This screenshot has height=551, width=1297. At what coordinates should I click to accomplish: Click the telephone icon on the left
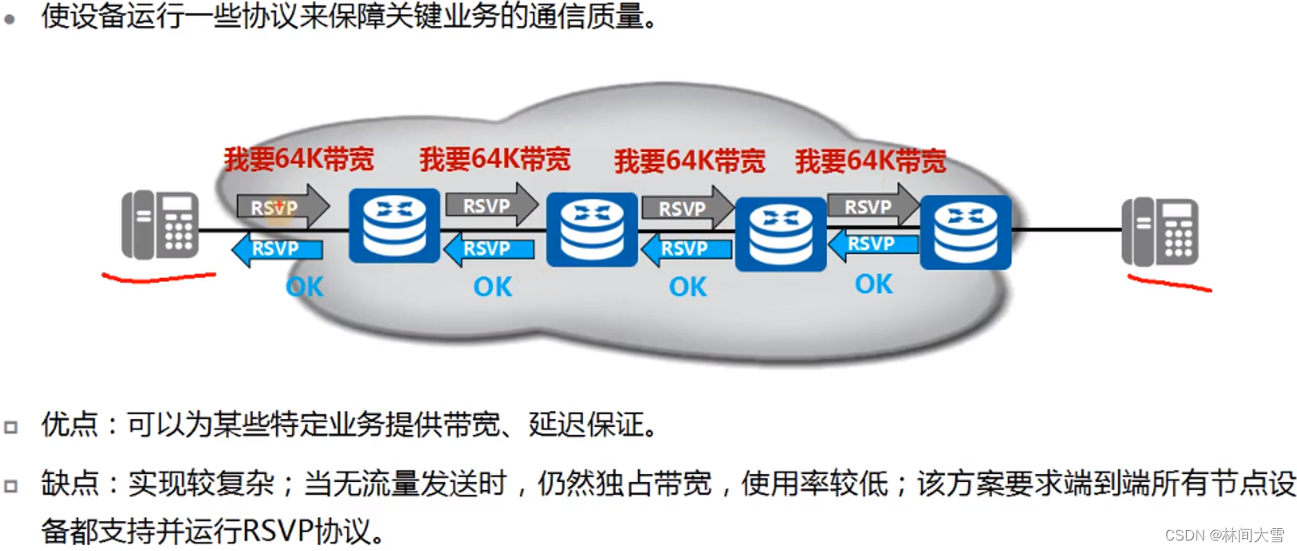pos(160,225)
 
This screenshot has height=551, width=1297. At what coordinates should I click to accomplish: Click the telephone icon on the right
pos(1160,231)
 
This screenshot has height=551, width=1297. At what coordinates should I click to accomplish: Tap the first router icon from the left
pos(394,225)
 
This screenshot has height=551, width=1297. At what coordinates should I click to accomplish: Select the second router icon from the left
pos(592,230)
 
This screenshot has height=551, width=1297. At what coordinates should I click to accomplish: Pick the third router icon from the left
pos(780,234)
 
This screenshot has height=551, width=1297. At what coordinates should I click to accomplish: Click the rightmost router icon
pos(966,231)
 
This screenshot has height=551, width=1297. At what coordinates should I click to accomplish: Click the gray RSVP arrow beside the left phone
pos(281,207)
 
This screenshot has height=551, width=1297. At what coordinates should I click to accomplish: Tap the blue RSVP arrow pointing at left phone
pos(276,249)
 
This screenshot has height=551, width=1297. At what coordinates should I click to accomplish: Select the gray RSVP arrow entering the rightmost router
pos(871,207)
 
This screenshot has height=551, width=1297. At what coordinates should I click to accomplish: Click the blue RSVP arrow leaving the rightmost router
pos(872,245)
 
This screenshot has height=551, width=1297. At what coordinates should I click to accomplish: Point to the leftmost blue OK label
pos(304,286)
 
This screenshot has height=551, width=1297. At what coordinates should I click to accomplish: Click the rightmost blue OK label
pos(874,284)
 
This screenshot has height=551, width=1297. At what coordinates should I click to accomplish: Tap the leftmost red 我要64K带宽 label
pos(299,159)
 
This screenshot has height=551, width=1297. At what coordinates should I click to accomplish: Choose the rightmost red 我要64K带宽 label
pos(870,162)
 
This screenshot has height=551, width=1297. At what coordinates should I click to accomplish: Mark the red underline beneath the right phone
pos(1169,284)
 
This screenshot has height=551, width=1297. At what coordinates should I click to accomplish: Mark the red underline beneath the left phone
pos(158,278)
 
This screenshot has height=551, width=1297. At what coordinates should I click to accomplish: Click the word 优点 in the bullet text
pos(70,426)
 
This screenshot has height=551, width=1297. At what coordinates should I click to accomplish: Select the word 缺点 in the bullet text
pos(70,485)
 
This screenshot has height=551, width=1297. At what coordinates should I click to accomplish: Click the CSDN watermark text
pos(1224,534)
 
